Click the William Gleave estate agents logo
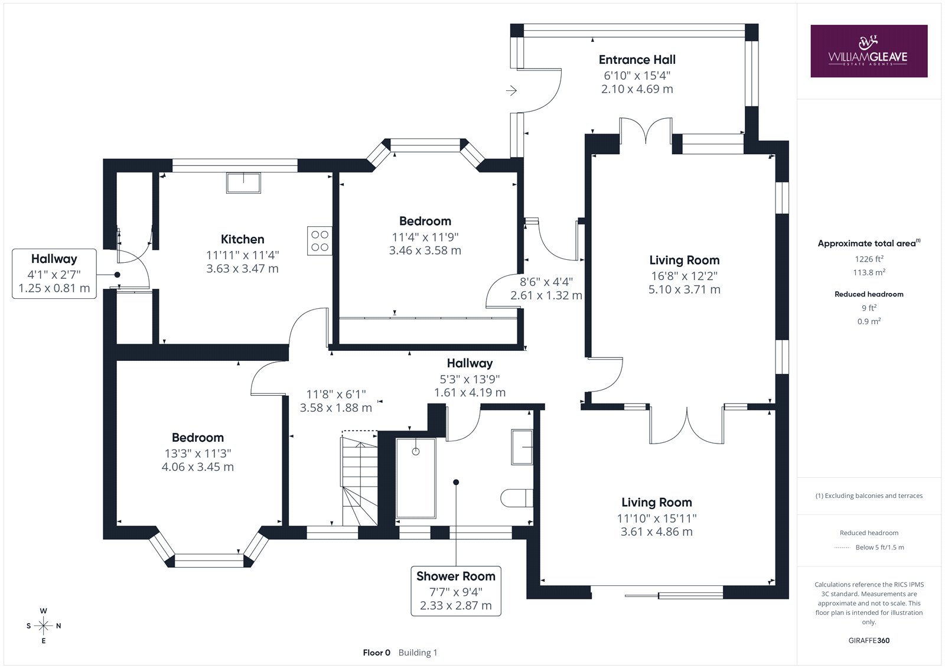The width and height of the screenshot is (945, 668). coord(869,51)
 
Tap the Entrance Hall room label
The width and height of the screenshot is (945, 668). coord(637,60)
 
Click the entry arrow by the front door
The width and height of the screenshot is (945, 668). coord(511,90)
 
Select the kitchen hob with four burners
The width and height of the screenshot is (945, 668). coord(320,241)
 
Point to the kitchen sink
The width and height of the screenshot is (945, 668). coord(243,183)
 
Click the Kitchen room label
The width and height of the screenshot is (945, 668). coord(243,239)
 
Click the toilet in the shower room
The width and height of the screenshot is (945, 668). coord(517,498)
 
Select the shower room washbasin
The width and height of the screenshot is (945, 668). coord(522,447)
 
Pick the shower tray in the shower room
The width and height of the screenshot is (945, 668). coord(416,478)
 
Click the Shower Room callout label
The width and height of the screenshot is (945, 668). coord(456,576)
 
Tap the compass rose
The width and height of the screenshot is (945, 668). coord(44,626)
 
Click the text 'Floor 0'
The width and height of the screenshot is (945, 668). coord(377,653)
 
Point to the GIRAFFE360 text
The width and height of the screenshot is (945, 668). coord(869,640)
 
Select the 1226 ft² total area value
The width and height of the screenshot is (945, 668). coord(869,259)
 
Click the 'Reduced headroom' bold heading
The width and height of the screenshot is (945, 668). coord(869,294)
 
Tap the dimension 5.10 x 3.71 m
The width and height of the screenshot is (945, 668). coord(685,289)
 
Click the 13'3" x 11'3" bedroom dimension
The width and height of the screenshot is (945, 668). coord(198,453)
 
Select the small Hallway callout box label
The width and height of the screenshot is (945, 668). coord(54,259)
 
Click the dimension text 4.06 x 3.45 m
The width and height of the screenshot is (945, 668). coord(198,467)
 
